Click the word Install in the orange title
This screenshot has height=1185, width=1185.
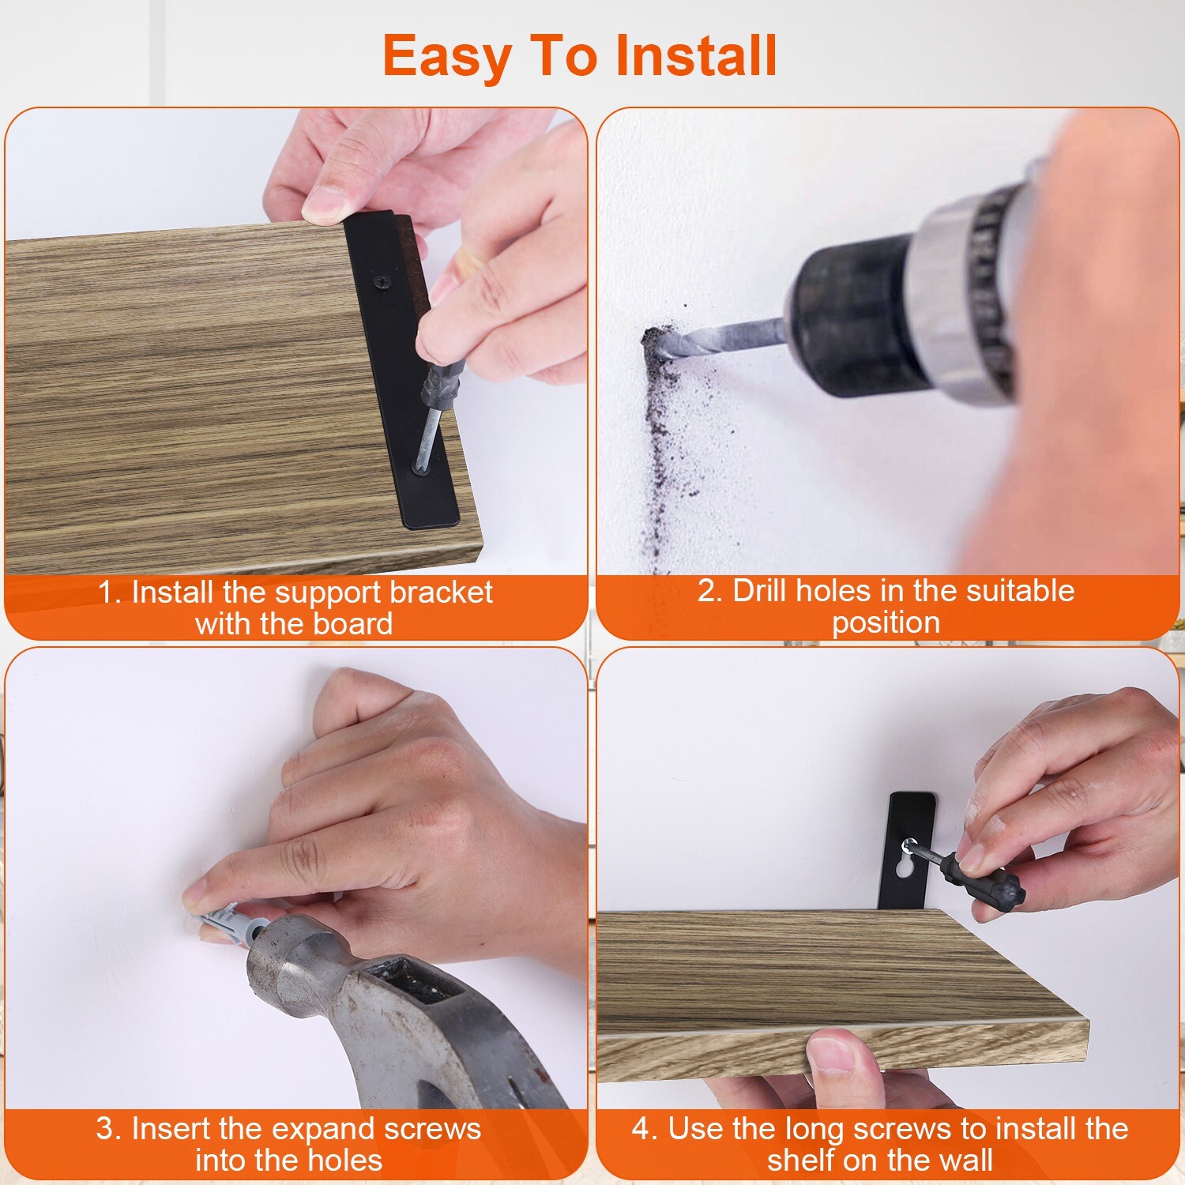pos(696,56)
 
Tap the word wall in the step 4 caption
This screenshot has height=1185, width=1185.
pos(964,1160)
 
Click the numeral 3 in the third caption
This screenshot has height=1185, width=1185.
pos(105,1129)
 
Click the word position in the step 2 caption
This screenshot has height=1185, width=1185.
pos(886,623)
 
